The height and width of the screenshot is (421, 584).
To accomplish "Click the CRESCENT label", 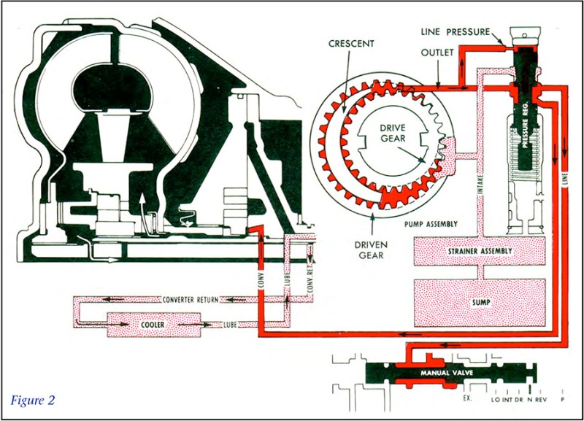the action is tap(351, 44).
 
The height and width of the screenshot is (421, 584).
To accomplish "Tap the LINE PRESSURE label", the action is tap(455, 32).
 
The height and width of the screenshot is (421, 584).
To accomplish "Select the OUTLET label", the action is tap(437, 53).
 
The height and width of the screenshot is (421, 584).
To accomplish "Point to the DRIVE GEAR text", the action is tap(393, 133).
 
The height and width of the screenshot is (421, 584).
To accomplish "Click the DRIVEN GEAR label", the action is tap(371, 250).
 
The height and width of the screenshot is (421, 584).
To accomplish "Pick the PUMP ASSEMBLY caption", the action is tap(431, 224).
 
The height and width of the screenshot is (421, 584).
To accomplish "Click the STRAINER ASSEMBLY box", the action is tap(480, 251).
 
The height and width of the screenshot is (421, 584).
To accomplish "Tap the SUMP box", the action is tap(480, 303).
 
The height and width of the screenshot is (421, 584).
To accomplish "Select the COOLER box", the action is tap(154, 325).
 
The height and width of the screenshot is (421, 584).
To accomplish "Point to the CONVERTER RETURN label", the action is tap(191, 300).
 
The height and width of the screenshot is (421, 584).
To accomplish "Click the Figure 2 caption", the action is tap(33, 400).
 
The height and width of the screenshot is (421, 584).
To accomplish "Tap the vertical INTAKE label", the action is tap(480, 184).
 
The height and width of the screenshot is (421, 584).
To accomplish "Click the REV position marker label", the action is tap(541, 399).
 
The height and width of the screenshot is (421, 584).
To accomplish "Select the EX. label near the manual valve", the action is tap(467, 398).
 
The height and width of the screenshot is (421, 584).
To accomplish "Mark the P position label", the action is tap(562, 399).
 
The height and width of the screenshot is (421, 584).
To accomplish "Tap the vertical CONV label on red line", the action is tap(261, 281).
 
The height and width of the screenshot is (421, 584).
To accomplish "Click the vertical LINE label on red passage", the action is tap(564, 179).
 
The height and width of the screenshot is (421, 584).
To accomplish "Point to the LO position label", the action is tap(496, 399).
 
